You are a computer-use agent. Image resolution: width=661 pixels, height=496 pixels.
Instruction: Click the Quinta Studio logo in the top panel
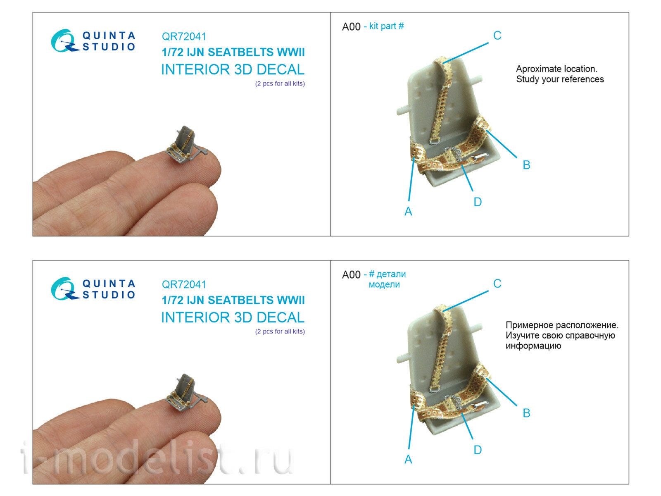(93, 41)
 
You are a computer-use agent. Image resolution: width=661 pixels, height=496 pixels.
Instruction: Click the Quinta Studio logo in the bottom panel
(93, 289)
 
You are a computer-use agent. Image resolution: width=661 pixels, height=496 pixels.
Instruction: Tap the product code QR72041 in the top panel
(184, 37)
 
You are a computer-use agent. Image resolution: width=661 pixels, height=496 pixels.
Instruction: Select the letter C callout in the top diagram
(497, 36)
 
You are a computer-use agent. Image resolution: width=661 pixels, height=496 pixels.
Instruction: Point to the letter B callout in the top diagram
(526, 165)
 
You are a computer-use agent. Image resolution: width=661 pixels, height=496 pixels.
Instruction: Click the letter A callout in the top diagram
(408, 211)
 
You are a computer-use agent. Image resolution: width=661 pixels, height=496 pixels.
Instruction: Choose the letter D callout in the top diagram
(478, 202)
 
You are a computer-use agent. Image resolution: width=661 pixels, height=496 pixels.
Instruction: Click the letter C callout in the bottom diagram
(497, 284)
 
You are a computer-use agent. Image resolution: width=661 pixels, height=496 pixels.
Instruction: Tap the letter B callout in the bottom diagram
(526, 413)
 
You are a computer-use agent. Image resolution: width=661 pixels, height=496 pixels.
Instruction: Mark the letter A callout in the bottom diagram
(408, 459)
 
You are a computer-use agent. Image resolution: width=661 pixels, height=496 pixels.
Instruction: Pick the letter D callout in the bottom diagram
(478, 450)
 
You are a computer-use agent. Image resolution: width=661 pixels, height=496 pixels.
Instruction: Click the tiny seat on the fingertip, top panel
(185, 145)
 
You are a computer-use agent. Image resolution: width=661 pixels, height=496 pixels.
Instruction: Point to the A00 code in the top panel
(351, 27)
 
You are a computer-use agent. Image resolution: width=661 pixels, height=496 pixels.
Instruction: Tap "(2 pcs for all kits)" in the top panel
(280, 84)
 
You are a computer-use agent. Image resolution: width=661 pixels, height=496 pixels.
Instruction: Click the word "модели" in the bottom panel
(384, 285)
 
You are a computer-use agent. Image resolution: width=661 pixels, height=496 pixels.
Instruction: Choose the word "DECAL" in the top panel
(281, 69)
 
